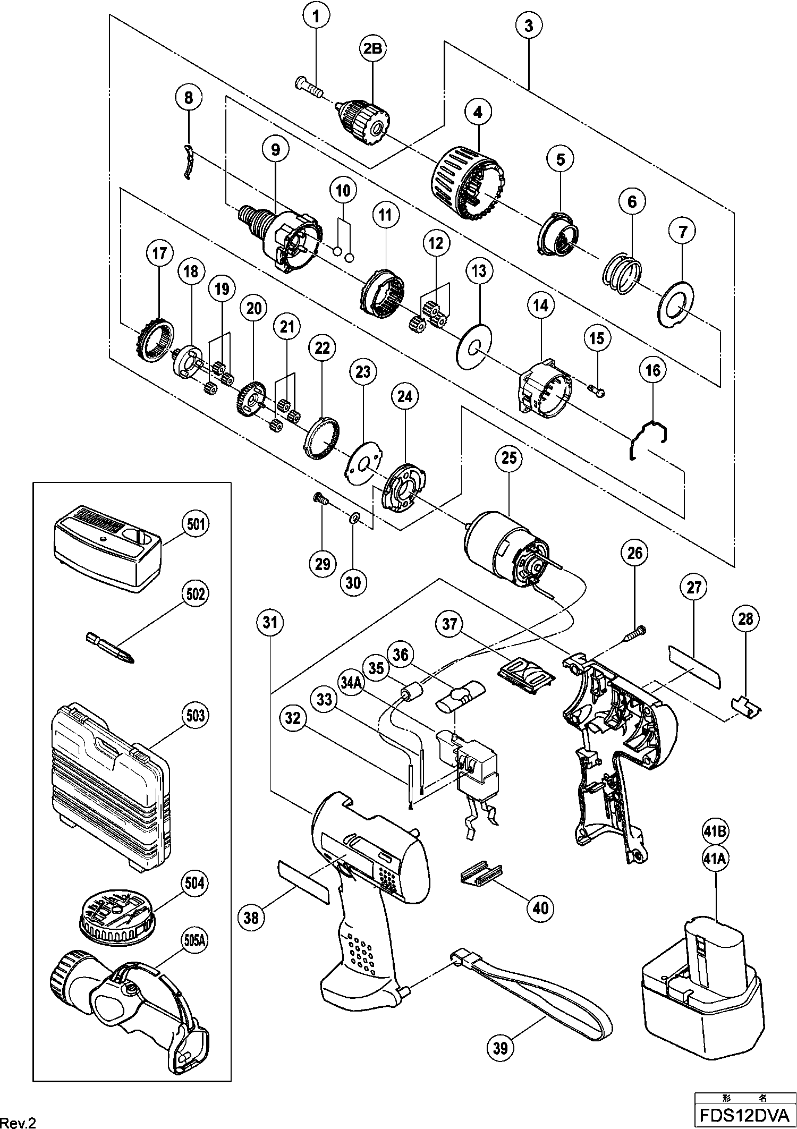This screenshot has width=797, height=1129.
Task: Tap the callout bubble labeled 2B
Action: pyautogui.click(x=372, y=48)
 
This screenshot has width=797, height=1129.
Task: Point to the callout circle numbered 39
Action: pyautogui.click(x=501, y=1048)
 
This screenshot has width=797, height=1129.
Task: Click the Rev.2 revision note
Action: pyautogui.click(x=19, y=1115)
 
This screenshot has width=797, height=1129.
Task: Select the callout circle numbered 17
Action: pyautogui.click(x=159, y=253)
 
